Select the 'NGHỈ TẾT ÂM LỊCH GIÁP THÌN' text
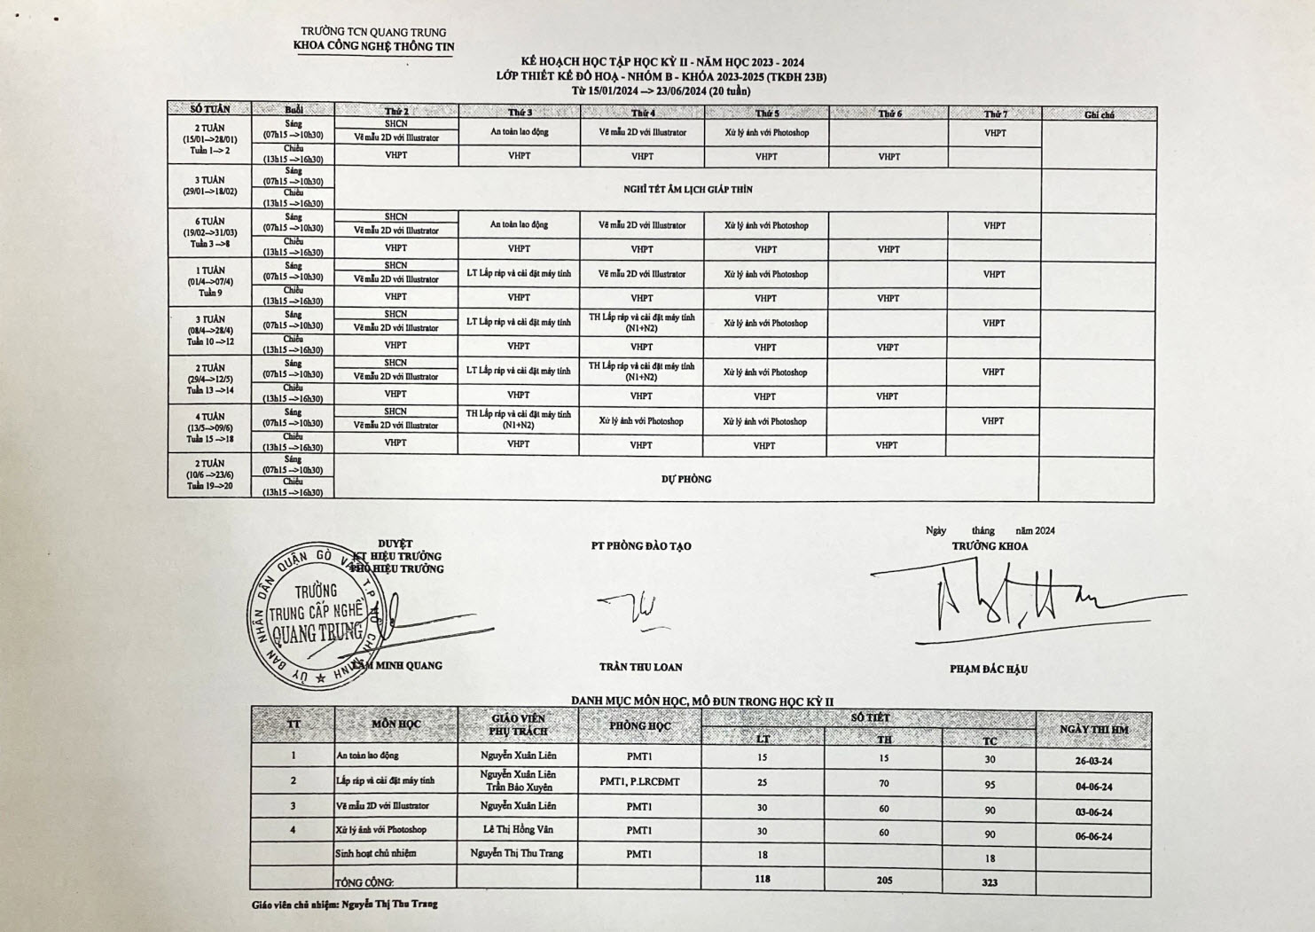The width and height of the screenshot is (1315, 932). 687,189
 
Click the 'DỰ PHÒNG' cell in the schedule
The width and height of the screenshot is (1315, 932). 686,479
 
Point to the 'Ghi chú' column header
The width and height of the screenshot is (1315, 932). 1099,114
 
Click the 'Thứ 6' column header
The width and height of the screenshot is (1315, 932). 889,114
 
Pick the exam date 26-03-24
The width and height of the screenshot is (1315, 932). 1093,761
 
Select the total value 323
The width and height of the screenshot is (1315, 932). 990,882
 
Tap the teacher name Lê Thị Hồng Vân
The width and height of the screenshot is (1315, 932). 518,830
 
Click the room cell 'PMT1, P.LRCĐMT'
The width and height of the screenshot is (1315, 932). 639,781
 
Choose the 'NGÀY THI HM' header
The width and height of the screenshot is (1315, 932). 1094,730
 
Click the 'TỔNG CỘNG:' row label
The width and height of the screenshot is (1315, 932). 364,882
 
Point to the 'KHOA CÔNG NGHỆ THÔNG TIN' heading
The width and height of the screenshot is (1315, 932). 373,47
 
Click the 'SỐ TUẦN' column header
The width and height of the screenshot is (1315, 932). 210,109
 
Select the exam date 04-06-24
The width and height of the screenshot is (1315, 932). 1093,787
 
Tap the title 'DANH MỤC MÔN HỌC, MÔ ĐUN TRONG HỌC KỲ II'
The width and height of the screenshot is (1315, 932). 701,701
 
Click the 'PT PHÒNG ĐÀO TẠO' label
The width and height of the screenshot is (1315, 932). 641,546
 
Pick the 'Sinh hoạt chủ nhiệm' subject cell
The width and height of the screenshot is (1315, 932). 376,853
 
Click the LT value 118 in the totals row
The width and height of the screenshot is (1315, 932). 763,879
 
